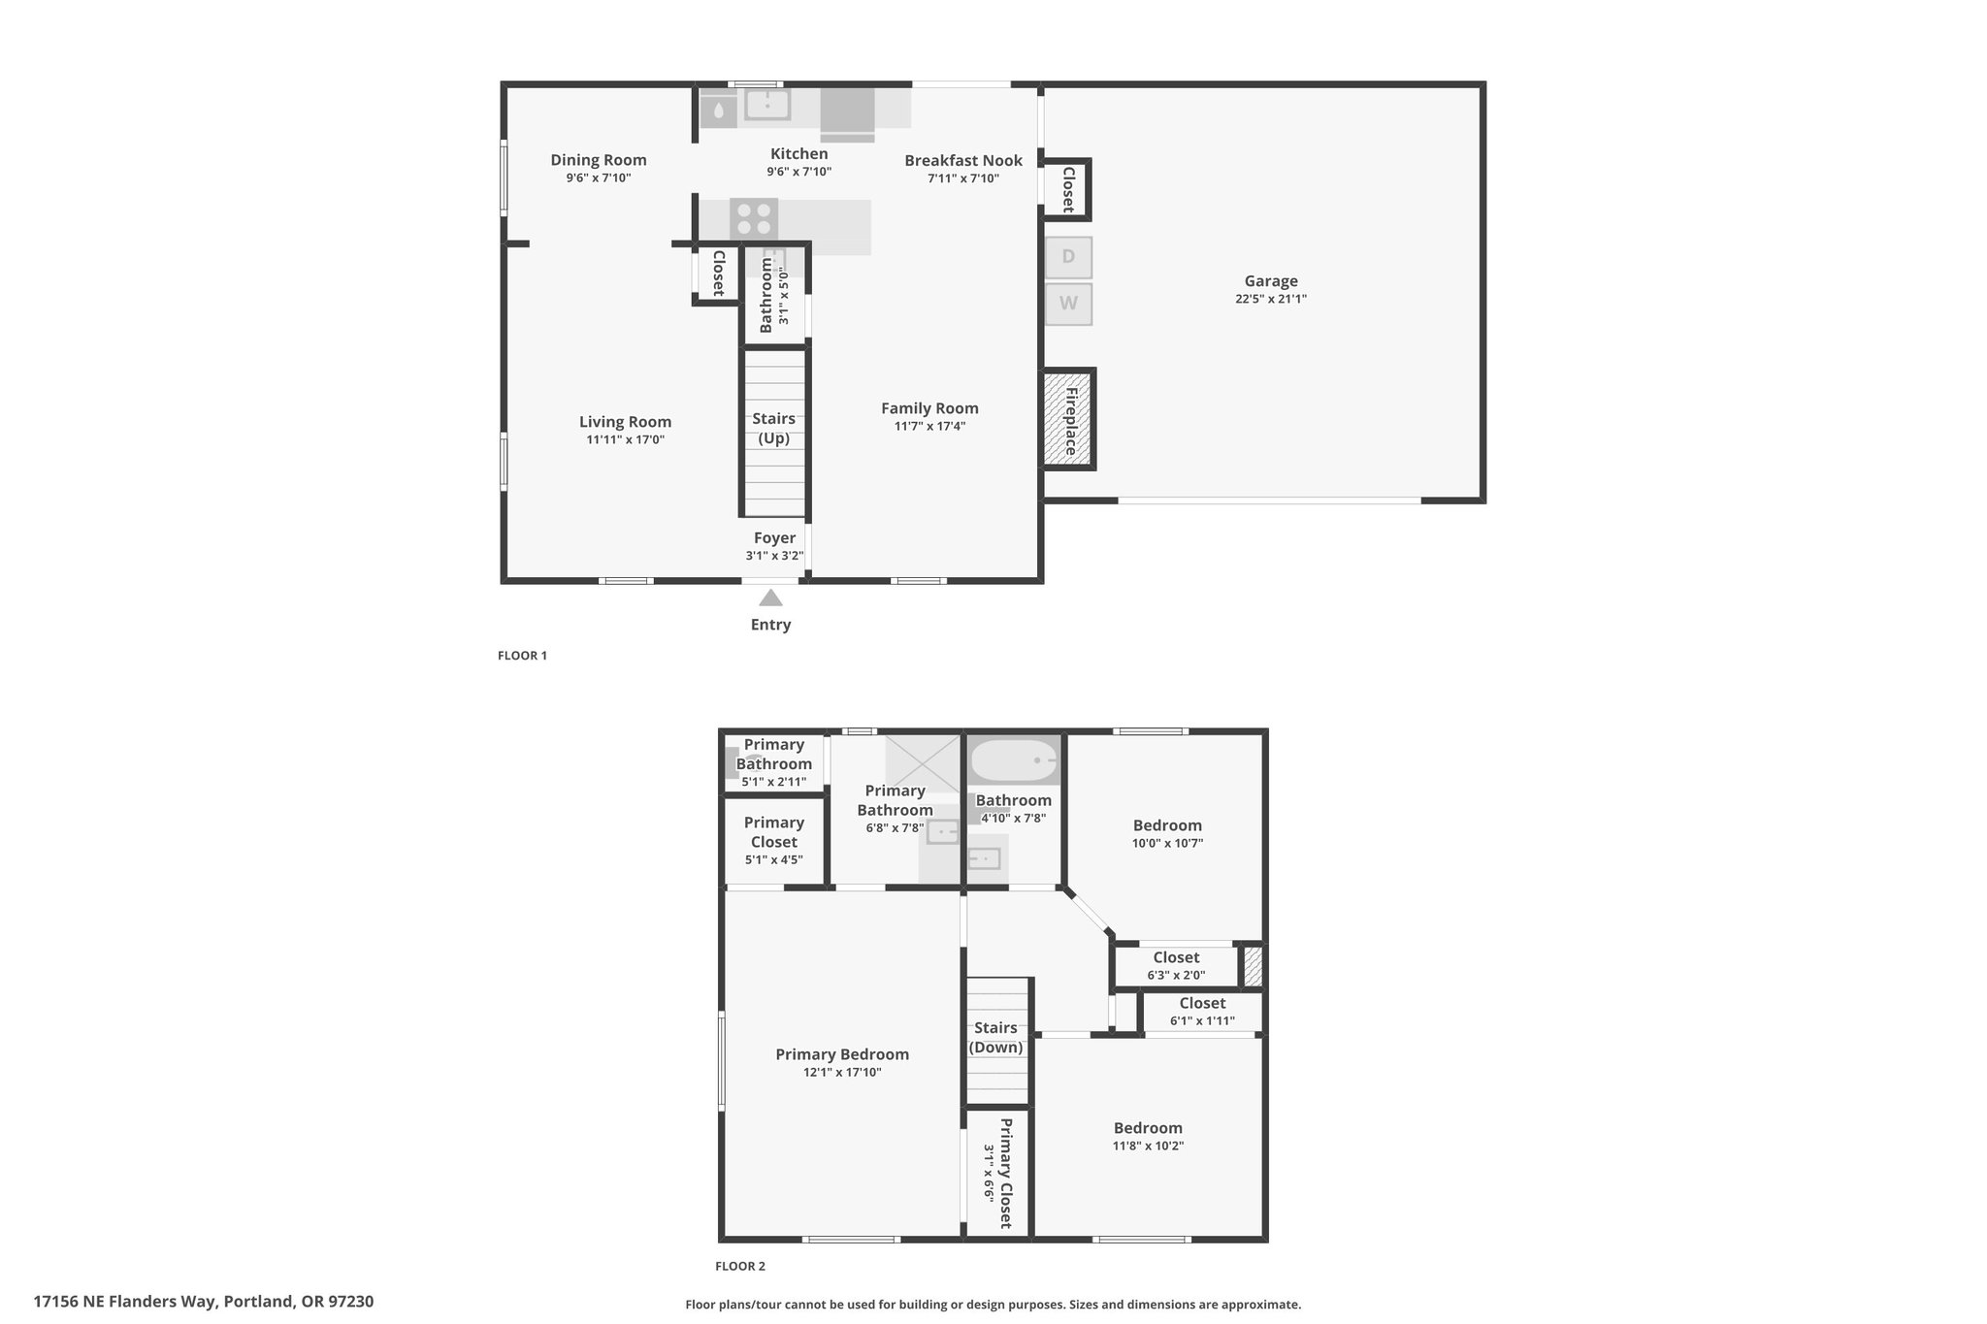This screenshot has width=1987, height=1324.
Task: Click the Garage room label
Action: tap(1271, 281)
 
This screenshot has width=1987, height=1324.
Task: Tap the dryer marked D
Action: tap(1068, 257)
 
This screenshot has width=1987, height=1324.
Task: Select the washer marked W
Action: tap(1068, 304)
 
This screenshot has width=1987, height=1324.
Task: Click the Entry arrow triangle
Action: tap(770, 597)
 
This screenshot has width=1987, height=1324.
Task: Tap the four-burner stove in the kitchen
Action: tap(754, 218)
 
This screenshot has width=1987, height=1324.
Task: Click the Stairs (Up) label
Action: tap(774, 428)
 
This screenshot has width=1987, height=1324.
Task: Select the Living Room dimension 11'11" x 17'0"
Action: tap(626, 439)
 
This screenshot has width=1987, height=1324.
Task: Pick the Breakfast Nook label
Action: tap(963, 160)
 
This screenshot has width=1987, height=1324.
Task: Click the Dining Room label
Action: tap(599, 160)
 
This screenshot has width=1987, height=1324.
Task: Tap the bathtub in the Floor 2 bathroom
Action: tap(1014, 761)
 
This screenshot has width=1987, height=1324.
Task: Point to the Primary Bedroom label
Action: tap(842, 1054)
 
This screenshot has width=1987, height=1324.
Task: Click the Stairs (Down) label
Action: tap(996, 1037)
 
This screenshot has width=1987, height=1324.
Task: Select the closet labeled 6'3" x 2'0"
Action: tap(1176, 966)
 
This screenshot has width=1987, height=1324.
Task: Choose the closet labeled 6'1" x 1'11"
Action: tap(1202, 1012)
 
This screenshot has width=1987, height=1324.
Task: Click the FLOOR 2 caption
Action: tap(740, 1266)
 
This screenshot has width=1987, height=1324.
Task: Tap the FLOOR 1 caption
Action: tap(523, 656)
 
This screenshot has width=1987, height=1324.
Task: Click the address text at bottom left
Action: tap(204, 1302)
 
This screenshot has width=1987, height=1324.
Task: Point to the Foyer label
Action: tap(774, 537)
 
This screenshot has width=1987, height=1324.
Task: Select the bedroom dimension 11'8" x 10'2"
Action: tap(1149, 1146)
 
